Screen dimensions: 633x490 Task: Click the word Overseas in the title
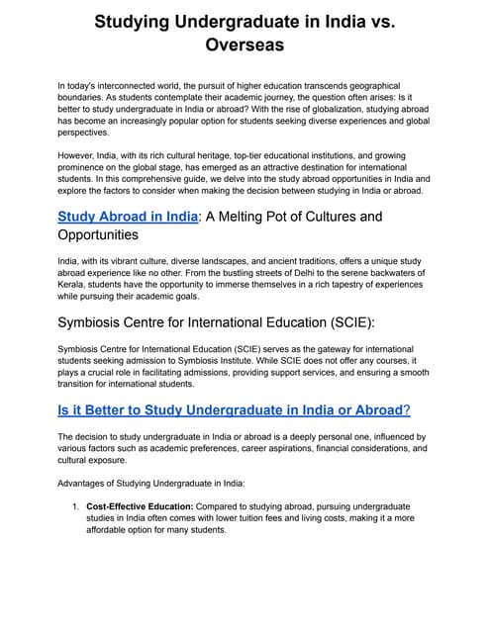pos(245,45)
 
